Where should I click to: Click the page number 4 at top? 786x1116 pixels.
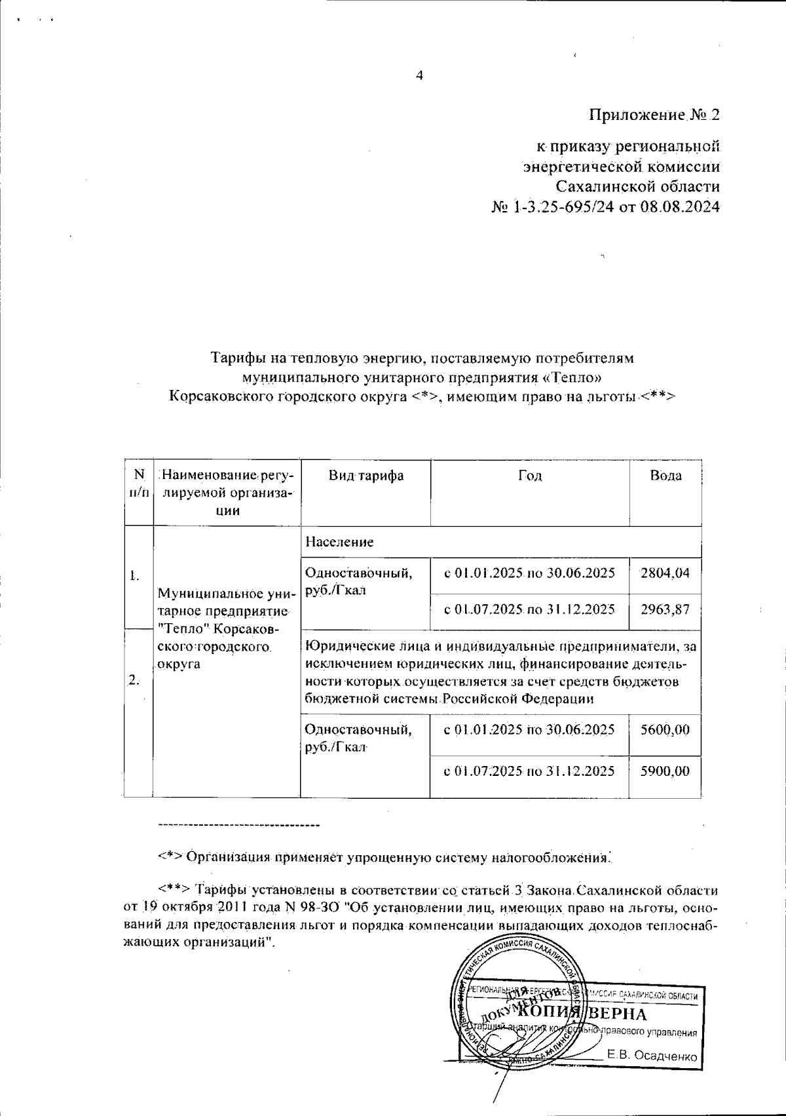click(x=420, y=75)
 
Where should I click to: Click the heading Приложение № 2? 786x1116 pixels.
click(x=654, y=115)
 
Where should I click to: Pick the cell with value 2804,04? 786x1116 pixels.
click(x=665, y=573)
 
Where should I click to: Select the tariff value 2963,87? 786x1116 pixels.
click(x=665, y=609)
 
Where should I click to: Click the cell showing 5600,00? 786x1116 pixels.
click(x=665, y=730)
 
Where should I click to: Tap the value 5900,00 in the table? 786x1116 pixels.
click(x=665, y=771)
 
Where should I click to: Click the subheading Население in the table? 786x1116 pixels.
click(x=339, y=542)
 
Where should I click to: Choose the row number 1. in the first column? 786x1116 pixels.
click(x=134, y=577)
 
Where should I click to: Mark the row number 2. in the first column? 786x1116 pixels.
click(x=134, y=680)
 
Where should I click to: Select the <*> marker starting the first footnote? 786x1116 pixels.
click(x=170, y=857)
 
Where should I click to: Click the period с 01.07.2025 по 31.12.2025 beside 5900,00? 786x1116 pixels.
click(x=529, y=771)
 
